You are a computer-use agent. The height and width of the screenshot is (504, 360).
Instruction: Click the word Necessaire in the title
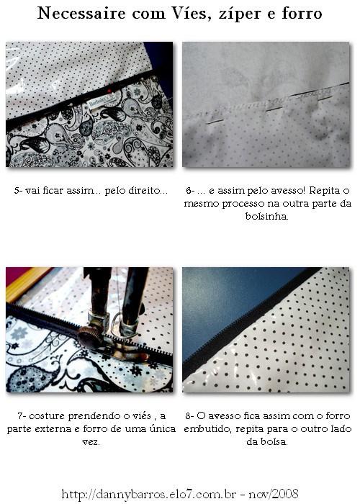point(81,14)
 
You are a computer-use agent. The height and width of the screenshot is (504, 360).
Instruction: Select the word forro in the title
point(302,14)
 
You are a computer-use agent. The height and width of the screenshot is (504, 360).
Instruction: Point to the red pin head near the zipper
point(109,91)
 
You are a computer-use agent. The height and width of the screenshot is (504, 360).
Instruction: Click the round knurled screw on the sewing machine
point(89,337)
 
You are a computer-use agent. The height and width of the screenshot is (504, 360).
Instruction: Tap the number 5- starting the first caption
point(18,191)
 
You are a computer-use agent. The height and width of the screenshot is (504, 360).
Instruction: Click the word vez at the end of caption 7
point(90,442)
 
